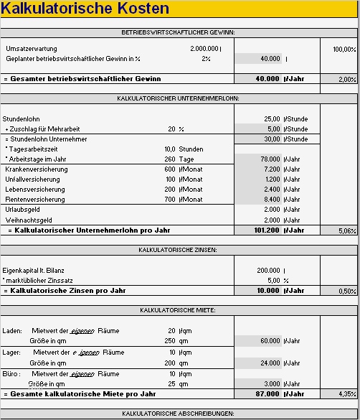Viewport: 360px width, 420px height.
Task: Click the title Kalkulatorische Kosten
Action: click(86, 9)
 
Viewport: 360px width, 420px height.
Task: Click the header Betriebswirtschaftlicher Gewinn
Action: click(179, 32)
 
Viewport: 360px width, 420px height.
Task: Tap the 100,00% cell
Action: click(344, 49)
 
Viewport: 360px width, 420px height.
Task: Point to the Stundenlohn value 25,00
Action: click(272, 118)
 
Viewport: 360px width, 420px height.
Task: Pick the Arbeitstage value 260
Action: click(169, 159)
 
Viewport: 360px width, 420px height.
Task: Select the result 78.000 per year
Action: click(269, 159)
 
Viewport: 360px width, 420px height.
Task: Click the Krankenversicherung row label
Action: click(37, 169)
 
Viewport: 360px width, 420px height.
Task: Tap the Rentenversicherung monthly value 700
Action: click(170, 199)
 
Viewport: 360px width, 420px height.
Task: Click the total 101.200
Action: click(267, 231)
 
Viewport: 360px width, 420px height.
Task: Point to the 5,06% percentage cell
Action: click(346, 231)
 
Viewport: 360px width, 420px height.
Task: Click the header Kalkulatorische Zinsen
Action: click(179, 251)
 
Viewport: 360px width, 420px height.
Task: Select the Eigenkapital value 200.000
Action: click(268, 271)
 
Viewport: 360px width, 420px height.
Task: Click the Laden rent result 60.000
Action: click(269, 340)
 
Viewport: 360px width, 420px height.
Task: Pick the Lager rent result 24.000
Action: click(269, 363)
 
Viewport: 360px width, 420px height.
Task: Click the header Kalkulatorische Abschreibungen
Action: click(179, 414)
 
